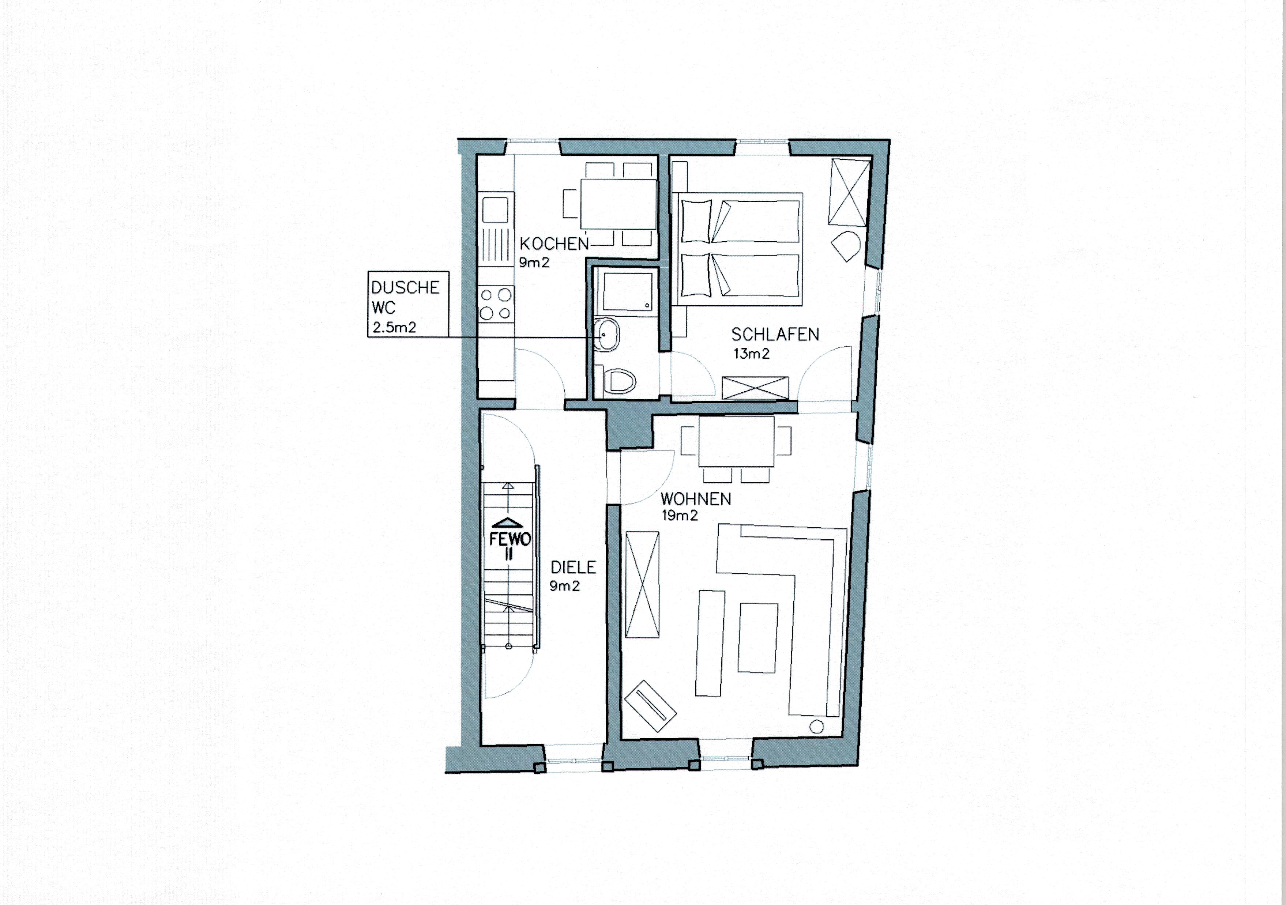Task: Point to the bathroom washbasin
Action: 605,334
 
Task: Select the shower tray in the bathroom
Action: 627,291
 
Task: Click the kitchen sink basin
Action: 495,210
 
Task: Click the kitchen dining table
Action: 618,204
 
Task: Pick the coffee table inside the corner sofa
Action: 758,637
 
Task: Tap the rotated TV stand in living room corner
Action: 650,706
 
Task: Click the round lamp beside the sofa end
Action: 817,727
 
